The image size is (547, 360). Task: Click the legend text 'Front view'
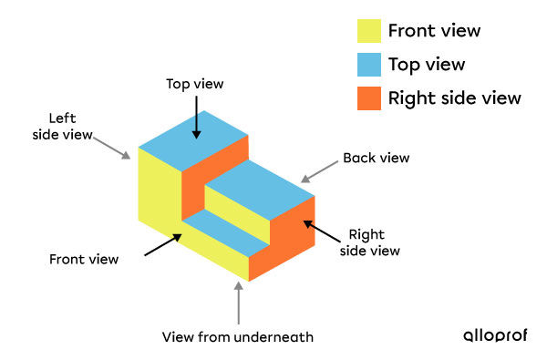[434, 31]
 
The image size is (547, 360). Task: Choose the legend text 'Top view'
[427, 65]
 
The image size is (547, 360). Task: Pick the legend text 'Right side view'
[455, 98]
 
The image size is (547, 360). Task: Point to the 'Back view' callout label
[376, 158]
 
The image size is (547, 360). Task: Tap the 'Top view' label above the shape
[194, 84]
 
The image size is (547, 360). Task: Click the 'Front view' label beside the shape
[84, 259]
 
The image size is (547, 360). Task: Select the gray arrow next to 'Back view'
[318, 170]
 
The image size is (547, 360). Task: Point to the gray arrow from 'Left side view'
[115, 146]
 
